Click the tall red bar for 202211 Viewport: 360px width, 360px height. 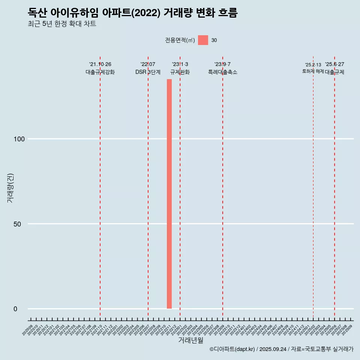(169, 194)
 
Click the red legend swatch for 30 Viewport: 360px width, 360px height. (203, 40)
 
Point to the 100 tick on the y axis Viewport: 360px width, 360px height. (19, 139)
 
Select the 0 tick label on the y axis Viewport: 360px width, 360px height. (15, 309)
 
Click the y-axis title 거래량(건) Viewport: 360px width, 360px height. (10, 188)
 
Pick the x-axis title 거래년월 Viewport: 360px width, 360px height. (190, 340)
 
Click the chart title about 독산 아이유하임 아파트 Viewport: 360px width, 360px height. (133, 13)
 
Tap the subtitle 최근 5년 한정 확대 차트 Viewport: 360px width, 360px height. (62, 24)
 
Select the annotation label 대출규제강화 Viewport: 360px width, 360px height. (100, 72)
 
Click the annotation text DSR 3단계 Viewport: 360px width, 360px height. (148, 72)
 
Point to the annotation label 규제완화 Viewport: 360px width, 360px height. (180, 72)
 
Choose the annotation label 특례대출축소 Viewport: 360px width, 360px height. (223, 72)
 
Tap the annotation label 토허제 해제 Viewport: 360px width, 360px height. (313, 71)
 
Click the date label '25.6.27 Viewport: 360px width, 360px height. (334, 64)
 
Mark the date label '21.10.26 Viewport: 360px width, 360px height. (100, 64)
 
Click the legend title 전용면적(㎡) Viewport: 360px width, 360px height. (180, 40)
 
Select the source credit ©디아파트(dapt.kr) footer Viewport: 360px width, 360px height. (281, 349)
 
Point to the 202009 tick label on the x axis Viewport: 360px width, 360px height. (28, 330)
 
